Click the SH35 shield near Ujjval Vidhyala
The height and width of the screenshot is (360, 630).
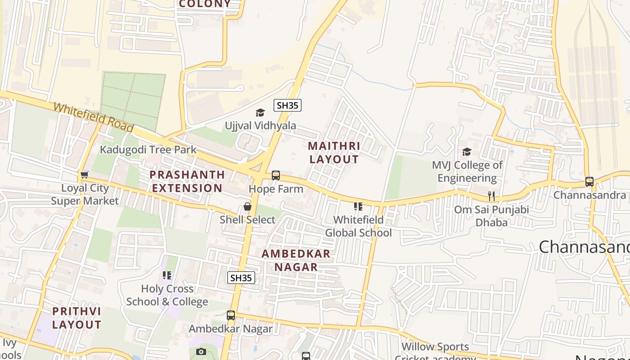[x=288, y=106]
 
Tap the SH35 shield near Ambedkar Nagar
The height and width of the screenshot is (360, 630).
[x=241, y=278]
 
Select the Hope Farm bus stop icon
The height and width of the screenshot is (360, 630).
[x=276, y=175]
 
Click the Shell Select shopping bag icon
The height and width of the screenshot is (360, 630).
[x=247, y=207]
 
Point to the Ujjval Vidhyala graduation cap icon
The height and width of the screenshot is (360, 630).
[x=260, y=112]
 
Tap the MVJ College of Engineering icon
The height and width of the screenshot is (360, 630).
[x=467, y=152]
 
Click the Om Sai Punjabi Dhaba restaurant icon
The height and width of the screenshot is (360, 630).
[x=491, y=196]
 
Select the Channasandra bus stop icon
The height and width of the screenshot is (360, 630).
[x=589, y=182]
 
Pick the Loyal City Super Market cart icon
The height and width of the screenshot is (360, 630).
[x=84, y=175]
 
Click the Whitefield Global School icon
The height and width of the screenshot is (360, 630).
[x=358, y=207]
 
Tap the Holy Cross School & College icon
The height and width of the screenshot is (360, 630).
[x=167, y=275]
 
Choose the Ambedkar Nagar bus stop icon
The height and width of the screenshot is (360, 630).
[x=231, y=315]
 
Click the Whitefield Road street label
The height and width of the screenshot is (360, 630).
[x=93, y=117]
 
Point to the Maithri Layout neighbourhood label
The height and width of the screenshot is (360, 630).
[x=334, y=153]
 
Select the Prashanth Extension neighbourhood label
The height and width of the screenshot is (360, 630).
[x=186, y=181]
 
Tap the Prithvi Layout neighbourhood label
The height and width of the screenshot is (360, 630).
[x=76, y=318]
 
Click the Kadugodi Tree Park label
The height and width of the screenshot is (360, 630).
[x=148, y=149]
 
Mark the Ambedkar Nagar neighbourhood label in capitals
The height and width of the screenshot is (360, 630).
[x=296, y=260]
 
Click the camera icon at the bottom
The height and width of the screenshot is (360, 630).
[x=201, y=351]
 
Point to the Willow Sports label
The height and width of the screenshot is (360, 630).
[x=435, y=347]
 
